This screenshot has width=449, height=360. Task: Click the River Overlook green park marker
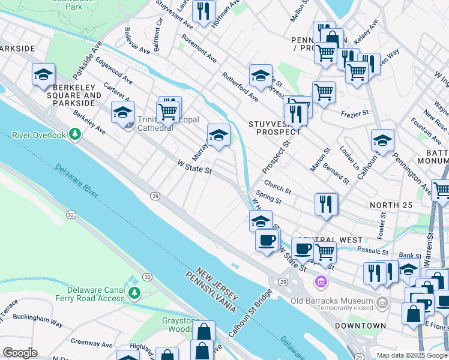click(75, 134)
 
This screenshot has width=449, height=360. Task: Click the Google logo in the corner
click(20, 352)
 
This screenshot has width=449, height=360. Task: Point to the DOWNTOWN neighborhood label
click(360, 326)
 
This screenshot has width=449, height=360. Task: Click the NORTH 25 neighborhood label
click(391, 206)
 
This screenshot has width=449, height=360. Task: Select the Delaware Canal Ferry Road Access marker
click(134, 293)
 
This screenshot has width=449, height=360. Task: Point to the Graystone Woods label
click(177, 325)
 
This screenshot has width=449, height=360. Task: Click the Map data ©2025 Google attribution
click(412, 355)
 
